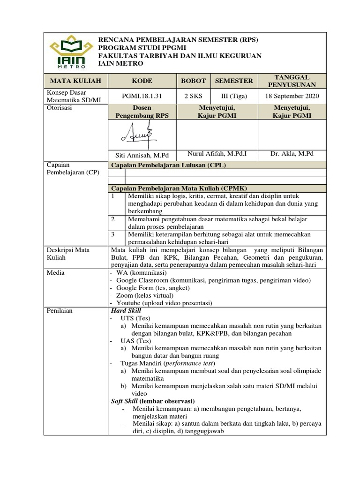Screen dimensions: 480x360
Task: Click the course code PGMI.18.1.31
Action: point(142,96)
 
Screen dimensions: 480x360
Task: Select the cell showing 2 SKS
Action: point(193,96)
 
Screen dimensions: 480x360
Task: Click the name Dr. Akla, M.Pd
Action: point(292,153)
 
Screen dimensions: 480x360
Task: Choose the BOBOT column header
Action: point(193,81)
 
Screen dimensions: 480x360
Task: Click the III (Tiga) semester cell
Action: point(234,96)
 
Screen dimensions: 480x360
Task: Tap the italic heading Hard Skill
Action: point(126,310)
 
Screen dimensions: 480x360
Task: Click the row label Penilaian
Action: point(59,310)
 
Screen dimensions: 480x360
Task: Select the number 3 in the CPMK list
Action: point(112,234)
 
